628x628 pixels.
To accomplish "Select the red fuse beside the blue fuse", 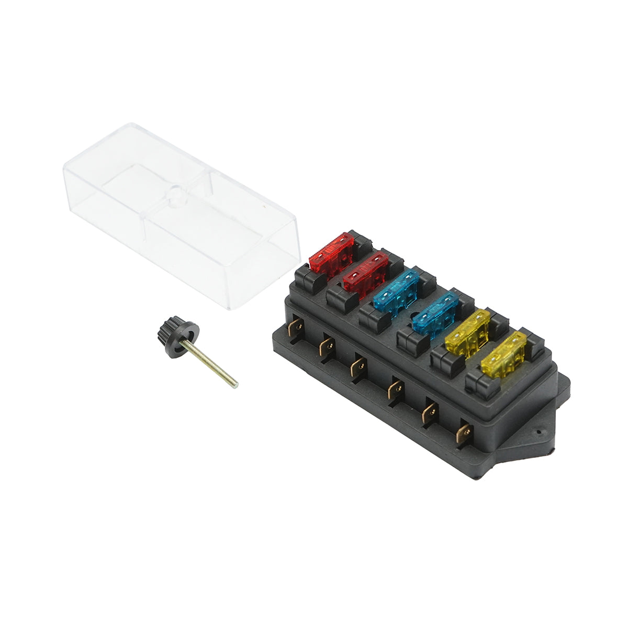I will point(365,272).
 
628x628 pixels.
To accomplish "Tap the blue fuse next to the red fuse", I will point(398,291).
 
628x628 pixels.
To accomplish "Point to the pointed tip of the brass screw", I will point(236,386).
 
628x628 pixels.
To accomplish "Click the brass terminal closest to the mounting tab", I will point(464,432).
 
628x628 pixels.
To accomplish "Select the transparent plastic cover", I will point(178,209).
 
